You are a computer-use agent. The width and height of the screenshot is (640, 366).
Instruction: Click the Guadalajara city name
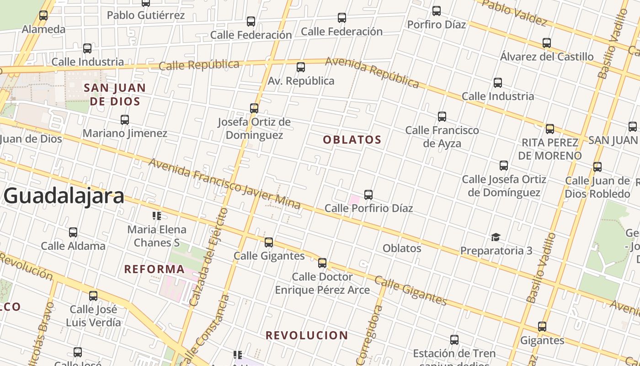pos(64,196)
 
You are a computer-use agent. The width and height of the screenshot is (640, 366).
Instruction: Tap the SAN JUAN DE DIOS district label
pos(115,94)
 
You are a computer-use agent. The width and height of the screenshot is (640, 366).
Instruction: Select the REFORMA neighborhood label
pos(155,269)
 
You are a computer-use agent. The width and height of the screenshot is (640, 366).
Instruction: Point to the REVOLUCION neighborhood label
pos(307,335)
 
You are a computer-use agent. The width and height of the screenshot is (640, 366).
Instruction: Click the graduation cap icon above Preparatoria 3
pos(496,237)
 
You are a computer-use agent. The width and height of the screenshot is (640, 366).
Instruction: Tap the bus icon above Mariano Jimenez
pos(125,120)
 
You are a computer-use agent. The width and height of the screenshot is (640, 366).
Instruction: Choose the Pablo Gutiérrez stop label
pos(146,15)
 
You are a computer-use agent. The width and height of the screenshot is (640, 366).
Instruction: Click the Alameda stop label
pos(44,29)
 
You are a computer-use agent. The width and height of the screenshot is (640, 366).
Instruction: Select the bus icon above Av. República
pos(301,67)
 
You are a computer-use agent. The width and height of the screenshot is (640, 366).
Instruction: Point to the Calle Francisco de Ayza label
pos(442,137)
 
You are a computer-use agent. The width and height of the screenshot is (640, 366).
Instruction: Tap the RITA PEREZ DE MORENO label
pos(550,149)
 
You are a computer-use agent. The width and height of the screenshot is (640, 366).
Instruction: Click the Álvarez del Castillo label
pos(547,57)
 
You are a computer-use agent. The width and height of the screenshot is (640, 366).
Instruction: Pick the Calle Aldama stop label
pos(73,246)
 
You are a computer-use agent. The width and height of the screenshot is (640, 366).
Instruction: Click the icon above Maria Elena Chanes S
pos(157,216)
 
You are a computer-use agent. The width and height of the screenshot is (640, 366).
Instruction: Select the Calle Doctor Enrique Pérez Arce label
pos(322,283)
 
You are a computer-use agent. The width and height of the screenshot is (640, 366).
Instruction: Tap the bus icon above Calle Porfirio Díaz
pos(368,195)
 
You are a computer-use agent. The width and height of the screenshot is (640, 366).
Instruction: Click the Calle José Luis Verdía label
pos(93,316)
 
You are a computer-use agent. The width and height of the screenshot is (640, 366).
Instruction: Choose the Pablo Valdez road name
pos(514,12)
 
